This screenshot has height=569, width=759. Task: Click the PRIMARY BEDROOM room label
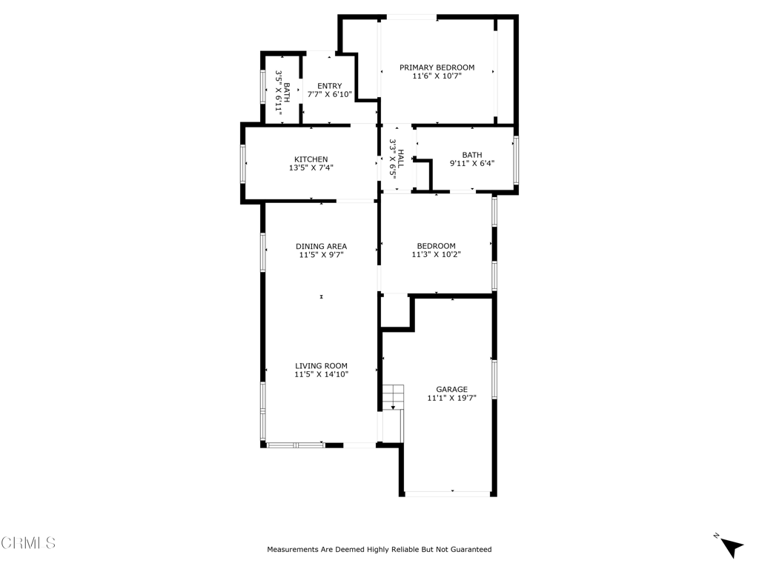click(437, 67)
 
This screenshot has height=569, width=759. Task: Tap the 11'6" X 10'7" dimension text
click(437, 76)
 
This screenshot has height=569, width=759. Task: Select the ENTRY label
click(329, 86)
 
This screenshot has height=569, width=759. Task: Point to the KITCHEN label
click(311, 159)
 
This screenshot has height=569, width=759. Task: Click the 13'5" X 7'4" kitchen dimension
click(311, 168)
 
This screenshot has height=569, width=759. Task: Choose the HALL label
click(401, 157)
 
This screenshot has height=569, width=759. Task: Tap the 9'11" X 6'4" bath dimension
click(471, 164)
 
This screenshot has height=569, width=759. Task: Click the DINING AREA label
click(321, 247)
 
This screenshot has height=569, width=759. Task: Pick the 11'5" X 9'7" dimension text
click(321, 256)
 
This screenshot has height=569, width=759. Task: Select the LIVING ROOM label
click(321, 366)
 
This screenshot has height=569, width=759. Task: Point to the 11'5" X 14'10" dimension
click(321, 375)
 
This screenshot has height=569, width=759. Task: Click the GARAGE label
click(451, 389)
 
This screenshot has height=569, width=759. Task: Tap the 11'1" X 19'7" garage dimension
click(451, 398)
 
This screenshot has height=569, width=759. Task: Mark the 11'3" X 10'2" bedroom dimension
click(436, 255)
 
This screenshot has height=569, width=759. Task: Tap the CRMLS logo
click(28, 543)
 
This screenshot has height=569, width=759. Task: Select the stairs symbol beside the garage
click(393, 396)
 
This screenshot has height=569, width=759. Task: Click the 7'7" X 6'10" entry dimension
click(329, 95)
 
